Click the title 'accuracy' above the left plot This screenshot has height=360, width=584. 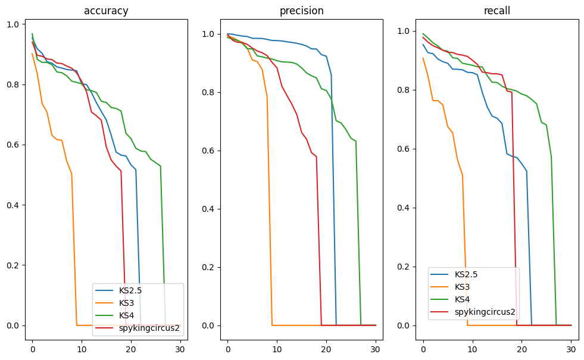coord(106,11)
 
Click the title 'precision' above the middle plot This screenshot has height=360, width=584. coord(301,11)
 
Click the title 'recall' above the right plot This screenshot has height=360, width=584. coord(496,11)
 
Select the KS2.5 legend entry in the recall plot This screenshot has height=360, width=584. coord(467,274)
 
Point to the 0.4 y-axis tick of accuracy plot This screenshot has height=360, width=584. coord(13,205)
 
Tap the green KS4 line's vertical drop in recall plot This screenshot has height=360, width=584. coord(554,238)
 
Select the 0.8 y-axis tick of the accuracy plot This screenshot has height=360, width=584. coord(13,84)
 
